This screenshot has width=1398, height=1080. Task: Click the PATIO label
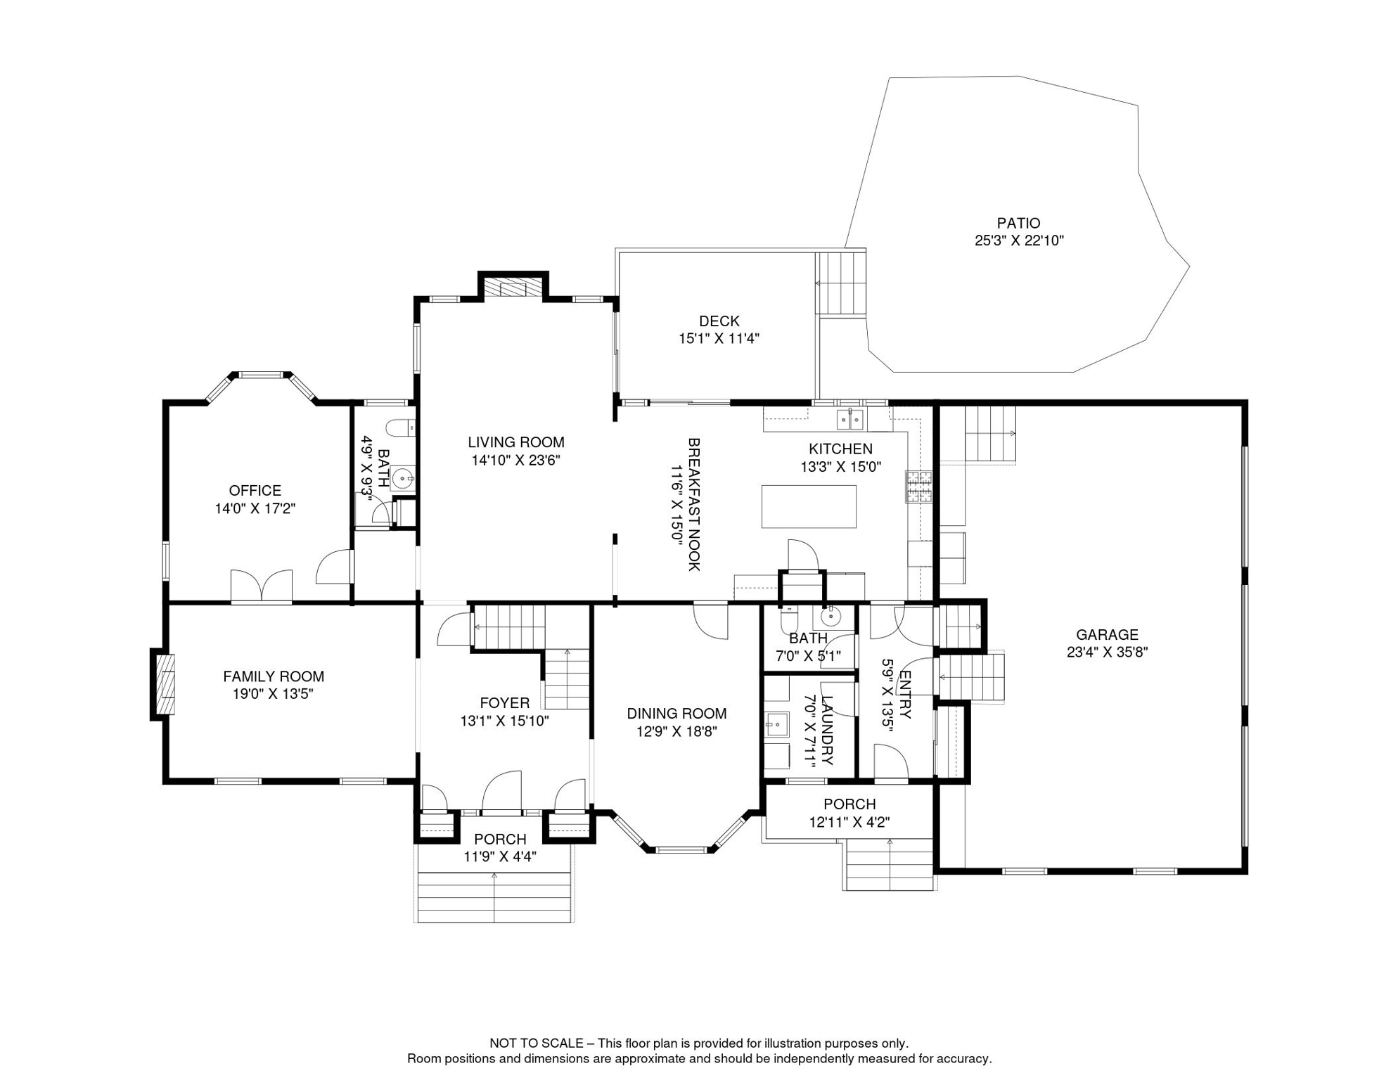(1018, 223)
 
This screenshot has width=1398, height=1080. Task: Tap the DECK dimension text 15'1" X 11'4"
(719, 338)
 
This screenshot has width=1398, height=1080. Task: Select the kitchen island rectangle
(809, 506)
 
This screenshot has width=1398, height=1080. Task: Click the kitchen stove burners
(918, 487)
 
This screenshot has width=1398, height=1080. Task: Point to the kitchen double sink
(850, 419)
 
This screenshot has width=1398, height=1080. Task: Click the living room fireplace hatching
(513, 288)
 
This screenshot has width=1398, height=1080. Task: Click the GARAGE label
(1107, 634)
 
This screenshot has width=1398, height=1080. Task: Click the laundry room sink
(777, 724)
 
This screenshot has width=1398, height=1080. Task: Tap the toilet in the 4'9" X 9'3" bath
(401, 427)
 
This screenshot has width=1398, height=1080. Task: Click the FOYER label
(504, 702)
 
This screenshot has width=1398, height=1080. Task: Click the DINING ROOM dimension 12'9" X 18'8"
(676, 731)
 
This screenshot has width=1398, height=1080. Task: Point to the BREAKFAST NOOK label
(693, 504)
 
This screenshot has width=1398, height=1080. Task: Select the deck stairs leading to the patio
(840, 283)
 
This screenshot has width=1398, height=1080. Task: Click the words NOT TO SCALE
(536, 1043)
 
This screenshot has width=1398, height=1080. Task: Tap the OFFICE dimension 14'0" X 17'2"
(255, 508)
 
